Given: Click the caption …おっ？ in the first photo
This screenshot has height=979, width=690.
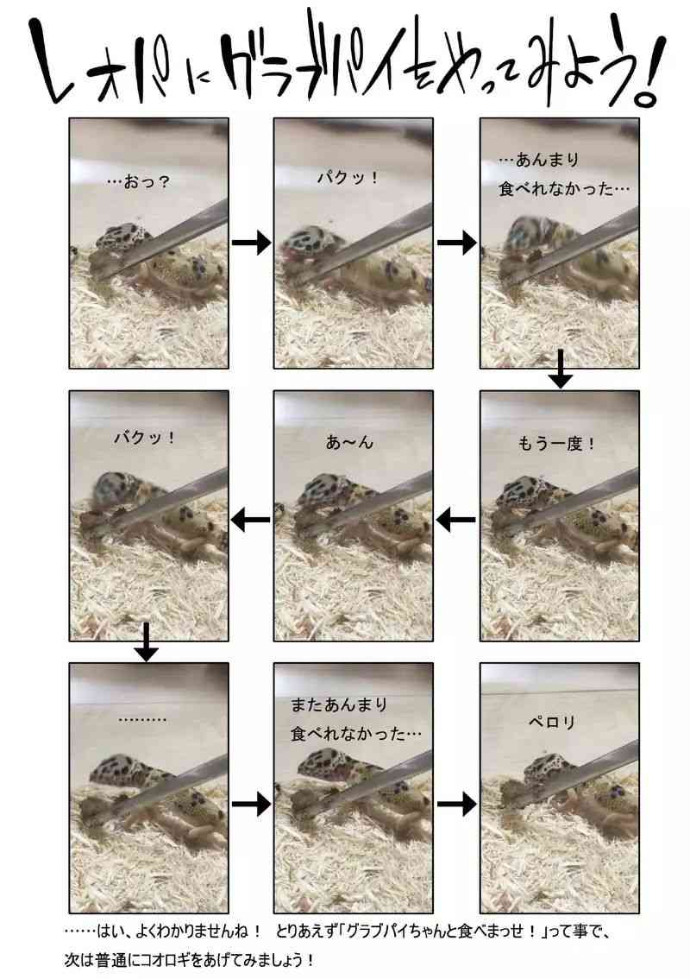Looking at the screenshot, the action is [x=139, y=182].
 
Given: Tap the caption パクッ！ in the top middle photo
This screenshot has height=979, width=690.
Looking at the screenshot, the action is [x=348, y=178].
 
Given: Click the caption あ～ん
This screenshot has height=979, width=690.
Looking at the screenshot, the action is [x=349, y=442].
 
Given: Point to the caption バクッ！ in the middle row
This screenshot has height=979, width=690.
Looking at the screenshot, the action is [x=145, y=438].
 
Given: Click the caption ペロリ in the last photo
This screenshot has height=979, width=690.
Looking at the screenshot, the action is [x=551, y=722].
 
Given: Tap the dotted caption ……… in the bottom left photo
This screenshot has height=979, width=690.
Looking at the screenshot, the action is [x=142, y=720].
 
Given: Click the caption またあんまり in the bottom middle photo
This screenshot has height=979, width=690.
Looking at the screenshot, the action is [x=339, y=705].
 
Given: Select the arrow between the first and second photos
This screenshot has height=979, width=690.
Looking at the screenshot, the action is [x=251, y=242].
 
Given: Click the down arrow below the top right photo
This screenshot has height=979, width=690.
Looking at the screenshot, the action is [x=561, y=369].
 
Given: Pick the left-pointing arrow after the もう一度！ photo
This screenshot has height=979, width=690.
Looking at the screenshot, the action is [x=455, y=519].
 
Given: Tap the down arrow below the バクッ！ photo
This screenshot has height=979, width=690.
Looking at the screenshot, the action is [x=146, y=641].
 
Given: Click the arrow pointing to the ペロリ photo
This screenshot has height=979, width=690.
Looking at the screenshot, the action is [x=456, y=804].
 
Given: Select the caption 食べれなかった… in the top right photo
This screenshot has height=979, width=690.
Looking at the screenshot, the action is [x=565, y=188].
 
